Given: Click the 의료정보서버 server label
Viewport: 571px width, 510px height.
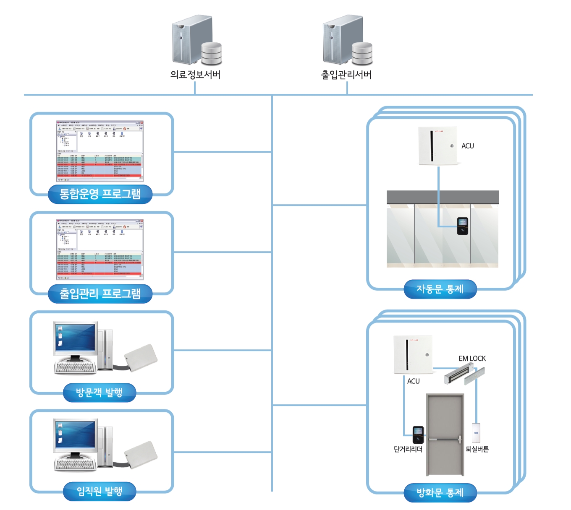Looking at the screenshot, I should coord(195,75).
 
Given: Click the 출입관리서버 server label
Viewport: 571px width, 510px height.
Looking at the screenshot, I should coord(346,75).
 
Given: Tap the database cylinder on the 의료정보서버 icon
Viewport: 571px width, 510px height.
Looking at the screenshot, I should coord(211,53).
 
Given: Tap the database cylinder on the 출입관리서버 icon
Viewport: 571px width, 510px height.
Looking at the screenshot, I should coord(362,53).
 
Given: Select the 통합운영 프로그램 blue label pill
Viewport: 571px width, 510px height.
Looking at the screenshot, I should coord(100,194).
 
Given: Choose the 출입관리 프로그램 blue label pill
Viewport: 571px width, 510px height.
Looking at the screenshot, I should coord(100,293).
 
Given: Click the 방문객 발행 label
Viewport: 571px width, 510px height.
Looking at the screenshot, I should coord(100,393).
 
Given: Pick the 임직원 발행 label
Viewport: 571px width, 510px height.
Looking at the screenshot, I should coord(100,491).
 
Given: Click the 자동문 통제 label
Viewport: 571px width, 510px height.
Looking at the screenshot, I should coord(440,289).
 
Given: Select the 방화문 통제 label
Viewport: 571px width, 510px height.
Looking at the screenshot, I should coord(440,492).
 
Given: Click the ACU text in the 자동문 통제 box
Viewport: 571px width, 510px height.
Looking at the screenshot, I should coord(468,146).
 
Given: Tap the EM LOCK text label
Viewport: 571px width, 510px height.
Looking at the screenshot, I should coord(472,359).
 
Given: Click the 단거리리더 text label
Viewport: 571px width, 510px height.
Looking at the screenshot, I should coord(408,449).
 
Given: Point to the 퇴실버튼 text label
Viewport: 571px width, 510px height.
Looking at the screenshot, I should coord(477,449).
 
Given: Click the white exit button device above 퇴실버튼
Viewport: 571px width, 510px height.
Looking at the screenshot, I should coord(476,433).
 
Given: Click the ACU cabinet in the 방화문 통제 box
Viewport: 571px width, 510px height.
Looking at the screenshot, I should coord(413,355).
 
